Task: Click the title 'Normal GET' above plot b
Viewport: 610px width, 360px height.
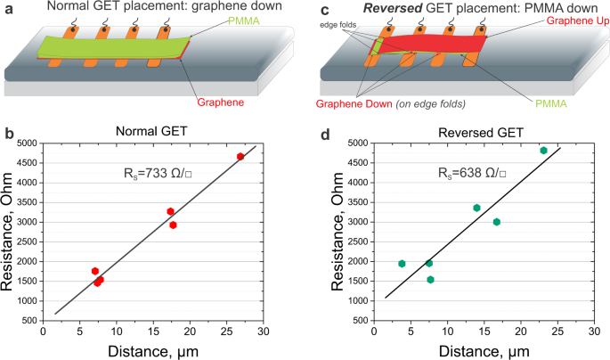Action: [x=153, y=131]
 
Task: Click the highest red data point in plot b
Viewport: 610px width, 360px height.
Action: [x=240, y=157]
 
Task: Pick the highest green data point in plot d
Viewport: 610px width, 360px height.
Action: [x=543, y=151]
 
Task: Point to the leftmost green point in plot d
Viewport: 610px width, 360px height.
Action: [x=402, y=264]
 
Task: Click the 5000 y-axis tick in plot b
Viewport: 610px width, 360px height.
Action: [x=25, y=143]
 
